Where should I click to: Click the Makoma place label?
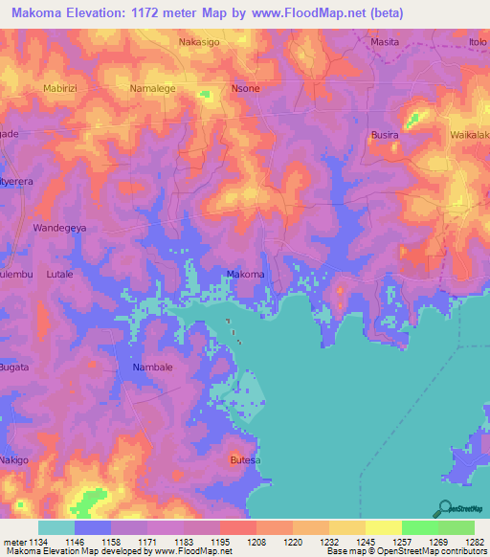[245, 276]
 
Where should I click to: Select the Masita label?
[386, 42]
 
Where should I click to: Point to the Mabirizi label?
[64, 88]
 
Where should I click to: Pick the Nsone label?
[245, 88]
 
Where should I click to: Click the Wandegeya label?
[60, 229]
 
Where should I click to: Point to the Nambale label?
[151, 368]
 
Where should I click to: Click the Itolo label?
[478, 42]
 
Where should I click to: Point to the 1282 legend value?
[474, 542]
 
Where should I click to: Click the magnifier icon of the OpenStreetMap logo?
[444, 507]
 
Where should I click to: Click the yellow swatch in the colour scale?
[383, 527]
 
